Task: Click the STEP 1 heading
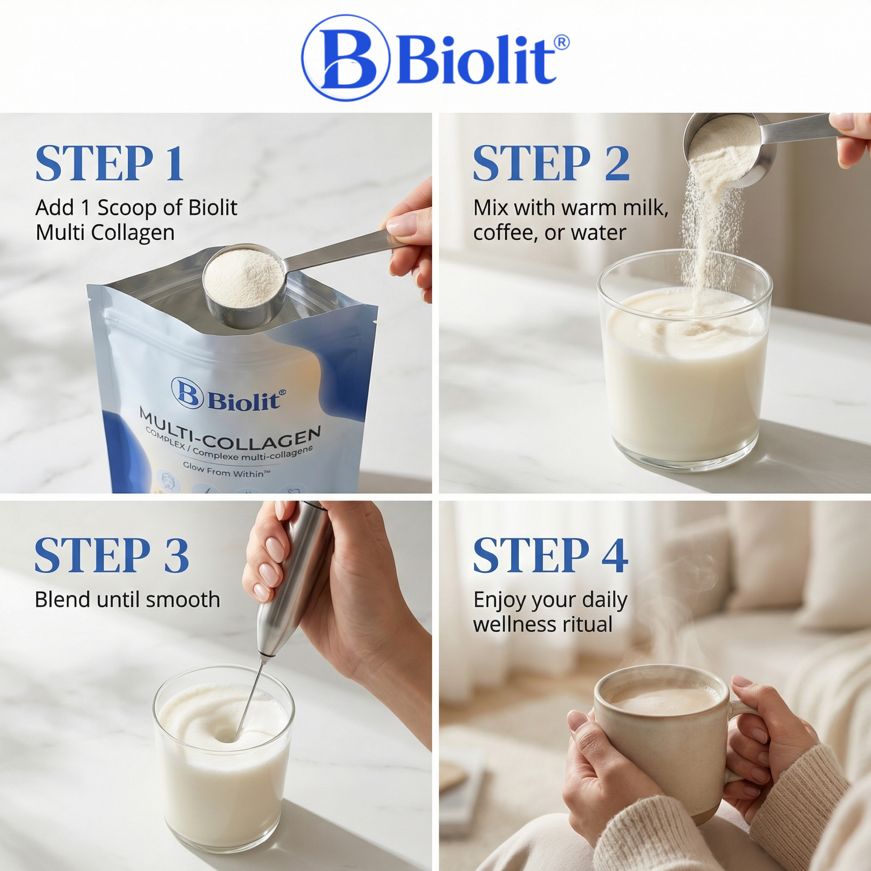(110, 163)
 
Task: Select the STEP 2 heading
(552, 163)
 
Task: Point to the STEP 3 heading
(112, 555)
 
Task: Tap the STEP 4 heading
(550, 555)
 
